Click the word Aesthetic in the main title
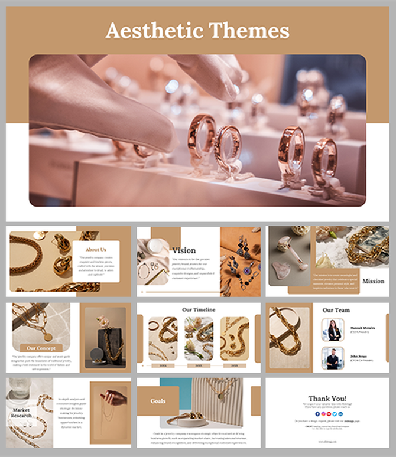pos(150,30)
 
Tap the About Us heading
pos(96,249)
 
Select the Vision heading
pos(184,250)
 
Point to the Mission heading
pos(373,281)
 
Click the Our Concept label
pos(41,348)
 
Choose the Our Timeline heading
pos(199,309)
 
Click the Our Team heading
pos(336,309)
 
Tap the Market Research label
pos(21,413)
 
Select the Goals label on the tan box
pos(158,401)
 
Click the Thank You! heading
pos(327,399)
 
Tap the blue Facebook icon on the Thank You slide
pos(317,414)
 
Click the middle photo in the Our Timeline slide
pos(199,338)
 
